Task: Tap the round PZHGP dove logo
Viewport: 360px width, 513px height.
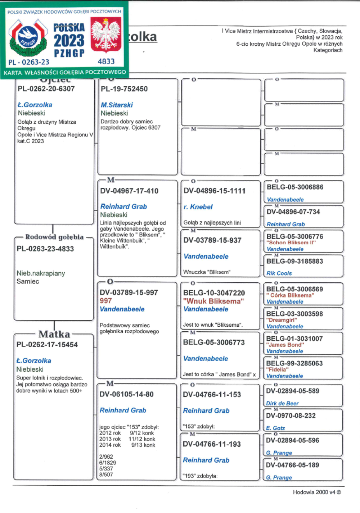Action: coord(28,38)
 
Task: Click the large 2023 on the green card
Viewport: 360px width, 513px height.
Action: coord(69,40)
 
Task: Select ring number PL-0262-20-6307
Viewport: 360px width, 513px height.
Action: coord(46,89)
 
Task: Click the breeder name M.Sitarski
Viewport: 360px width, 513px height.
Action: coord(117,105)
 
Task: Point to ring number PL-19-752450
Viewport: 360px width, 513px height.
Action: coord(124,89)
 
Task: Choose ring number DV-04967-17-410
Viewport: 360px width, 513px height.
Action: coord(129,191)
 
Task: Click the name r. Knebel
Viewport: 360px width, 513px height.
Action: coord(198,207)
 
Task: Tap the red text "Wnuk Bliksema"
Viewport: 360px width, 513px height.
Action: coord(213,301)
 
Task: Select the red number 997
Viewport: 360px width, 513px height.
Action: coord(106,301)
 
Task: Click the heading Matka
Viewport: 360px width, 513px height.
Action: coord(54,334)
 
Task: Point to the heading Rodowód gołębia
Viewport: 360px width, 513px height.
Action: coord(54,237)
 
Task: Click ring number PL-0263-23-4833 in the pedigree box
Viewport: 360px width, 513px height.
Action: coord(45,249)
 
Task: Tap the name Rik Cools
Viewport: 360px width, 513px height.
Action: coord(279,273)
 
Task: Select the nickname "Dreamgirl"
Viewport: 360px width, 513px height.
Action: coord(282,320)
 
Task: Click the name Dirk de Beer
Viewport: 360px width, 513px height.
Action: coord(282,403)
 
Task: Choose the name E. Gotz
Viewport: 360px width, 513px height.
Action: coord(275,428)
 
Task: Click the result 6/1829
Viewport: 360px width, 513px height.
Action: coord(108,463)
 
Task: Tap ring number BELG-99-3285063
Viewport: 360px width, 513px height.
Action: coord(294,363)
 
